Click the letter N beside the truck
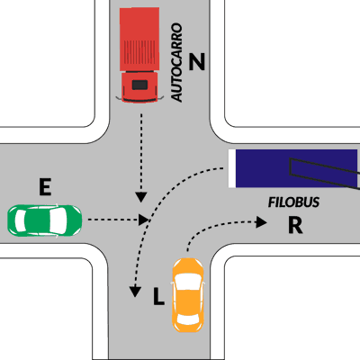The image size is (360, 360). [197, 61]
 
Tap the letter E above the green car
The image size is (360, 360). [45, 187]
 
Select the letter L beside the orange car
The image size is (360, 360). [158, 296]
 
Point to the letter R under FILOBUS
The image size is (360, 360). [295, 225]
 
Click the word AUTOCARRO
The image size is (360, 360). [176, 62]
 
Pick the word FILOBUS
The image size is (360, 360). [293, 202]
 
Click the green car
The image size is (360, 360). [45, 220]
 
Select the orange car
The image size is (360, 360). [188, 295]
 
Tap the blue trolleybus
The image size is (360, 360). [294, 168]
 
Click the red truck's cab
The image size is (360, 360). [139, 87]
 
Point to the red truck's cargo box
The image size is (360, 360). [139, 40]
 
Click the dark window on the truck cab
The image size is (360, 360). [139, 85]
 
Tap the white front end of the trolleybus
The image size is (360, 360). [232, 168]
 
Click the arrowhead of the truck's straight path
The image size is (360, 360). [140, 197]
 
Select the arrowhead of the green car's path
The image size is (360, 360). [144, 220]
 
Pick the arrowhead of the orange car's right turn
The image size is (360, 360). [261, 222]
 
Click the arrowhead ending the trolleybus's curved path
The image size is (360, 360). [135, 292]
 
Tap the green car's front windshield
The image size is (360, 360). [58, 220]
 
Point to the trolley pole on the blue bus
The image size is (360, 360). [325, 174]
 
